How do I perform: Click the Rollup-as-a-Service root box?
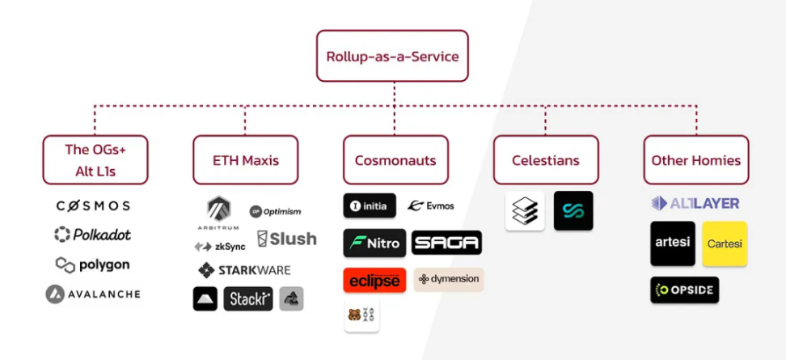pyautogui.click(x=392, y=56)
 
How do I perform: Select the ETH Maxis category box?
pyautogui.click(x=245, y=160)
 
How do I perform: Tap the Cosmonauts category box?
pyautogui.click(x=395, y=160)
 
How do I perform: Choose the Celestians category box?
pyautogui.click(x=546, y=160)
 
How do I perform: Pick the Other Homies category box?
pyautogui.click(x=696, y=160)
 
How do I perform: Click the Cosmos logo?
pyautogui.click(x=93, y=206)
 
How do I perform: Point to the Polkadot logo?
pyautogui.click(x=92, y=235)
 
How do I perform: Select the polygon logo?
pyautogui.click(x=92, y=265)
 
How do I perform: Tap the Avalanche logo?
pyautogui.click(x=93, y=294)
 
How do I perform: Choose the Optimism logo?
pyautogui.click(x=275, y=212)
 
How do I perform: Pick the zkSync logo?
pyautogui.click(x=220, y=246)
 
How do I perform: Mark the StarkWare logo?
pyautogui.click(x=244, y=270)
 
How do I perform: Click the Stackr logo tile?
pyautogui.click(x=248, y=299)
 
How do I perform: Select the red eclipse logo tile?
pyautogui.click(x=374, y=280)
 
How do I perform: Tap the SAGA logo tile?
pyautogui.click(x=446, y=243)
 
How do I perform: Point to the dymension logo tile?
pyautogui.click(x=449, y=279)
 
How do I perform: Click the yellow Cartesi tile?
pyautogui.click(x=725, y=244)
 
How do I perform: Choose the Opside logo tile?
pyautogui.click(x=684, y=290)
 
